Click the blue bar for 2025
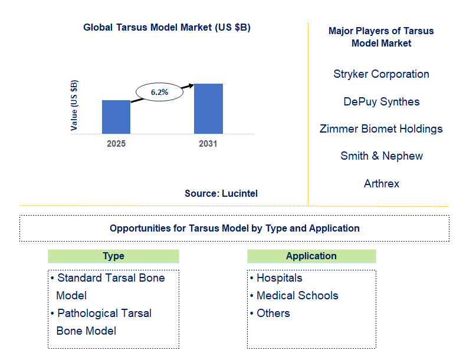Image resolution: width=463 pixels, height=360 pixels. coord(116,117)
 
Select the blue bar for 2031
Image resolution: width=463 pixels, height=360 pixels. coord(208,108)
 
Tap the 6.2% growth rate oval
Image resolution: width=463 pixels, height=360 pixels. coord(159,93)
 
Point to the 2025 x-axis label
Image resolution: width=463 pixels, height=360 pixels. coord(116,144)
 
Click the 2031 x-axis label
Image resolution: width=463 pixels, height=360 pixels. coord(208,144)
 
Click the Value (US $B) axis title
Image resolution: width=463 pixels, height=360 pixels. coord(74,105)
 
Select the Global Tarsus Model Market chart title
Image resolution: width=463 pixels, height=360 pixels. coord(167,27)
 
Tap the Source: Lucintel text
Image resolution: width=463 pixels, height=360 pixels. coord(221,193)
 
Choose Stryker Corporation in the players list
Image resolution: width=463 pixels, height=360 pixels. coord(381,74)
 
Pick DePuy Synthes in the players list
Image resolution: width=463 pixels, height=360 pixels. coord(381,102)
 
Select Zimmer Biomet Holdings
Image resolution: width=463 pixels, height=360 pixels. coord(381,129)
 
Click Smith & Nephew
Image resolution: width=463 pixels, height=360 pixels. coord(381,156)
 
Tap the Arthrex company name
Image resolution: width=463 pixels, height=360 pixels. coord(381,184)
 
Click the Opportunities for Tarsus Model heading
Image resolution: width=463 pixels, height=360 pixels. coord(234,228)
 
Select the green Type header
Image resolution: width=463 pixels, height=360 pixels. coord(113,256)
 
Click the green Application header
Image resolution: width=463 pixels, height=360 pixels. coord(311,256)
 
